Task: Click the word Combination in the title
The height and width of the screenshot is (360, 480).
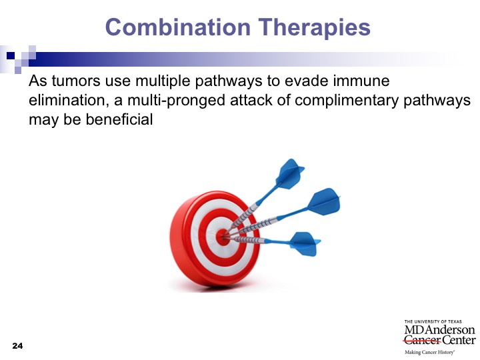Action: [x=178, y=27]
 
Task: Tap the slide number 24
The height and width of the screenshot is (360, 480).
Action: [x=17, y=346]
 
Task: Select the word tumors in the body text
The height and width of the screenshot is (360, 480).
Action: [x=76, y=81]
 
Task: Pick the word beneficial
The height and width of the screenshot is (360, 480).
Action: [x=119, y=119]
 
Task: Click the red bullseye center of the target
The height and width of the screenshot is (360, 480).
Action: [x=222, y=237]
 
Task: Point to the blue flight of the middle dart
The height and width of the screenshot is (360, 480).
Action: [x=324, y=201]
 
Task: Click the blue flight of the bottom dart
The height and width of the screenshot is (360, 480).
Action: [x=305, y=244]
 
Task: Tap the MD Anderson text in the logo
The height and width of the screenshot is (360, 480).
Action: [x=439, y=330]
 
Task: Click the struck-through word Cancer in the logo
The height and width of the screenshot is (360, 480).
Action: [x=422, y=340]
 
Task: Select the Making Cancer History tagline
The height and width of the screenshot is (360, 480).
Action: [x=429, y=353]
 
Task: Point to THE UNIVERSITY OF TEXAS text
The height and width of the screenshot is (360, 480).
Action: [x=433, y=321]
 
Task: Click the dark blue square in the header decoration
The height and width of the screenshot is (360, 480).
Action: [x=11, y=55]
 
